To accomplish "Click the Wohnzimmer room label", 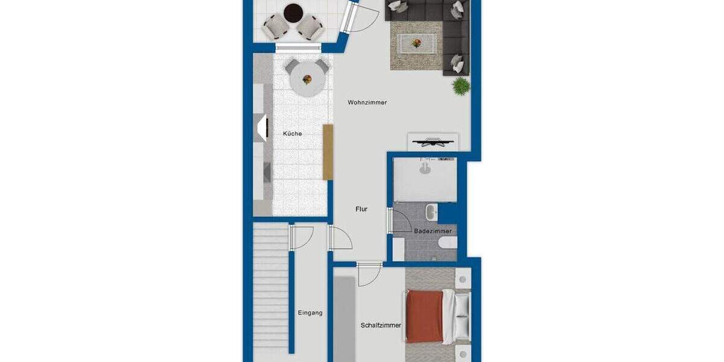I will click(367, 103).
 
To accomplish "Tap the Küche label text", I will click(293, 133).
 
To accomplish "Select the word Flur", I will click(361, 209).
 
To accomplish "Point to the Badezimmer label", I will click(433, 231).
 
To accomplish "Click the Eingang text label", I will click(310, 313).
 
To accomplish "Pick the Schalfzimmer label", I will click(381, 325).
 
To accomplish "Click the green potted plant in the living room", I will click(462, 86).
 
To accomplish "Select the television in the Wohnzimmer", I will click(433, 143).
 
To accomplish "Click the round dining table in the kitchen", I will click(306, 80).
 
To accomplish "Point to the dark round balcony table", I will click(293, 11).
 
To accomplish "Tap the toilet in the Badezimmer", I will click(448, 243).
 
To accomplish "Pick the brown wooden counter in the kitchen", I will click(328, 152).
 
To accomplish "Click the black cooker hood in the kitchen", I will click(262, 127).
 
